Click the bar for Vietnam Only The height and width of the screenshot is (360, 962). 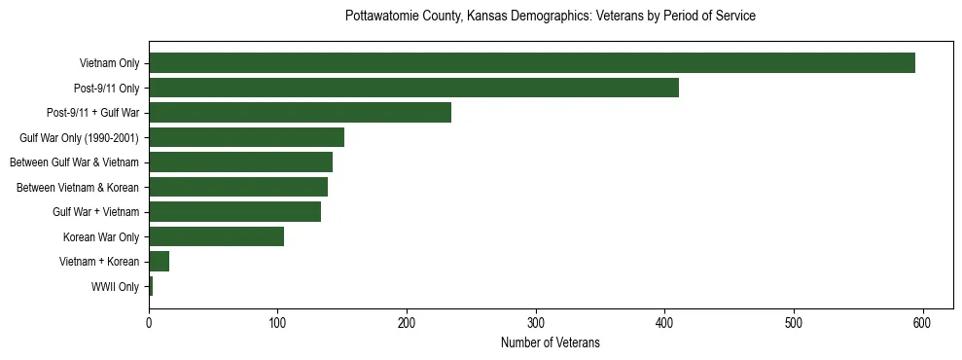[x=531, y=63]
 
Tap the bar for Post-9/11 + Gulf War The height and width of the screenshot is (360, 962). [x=300, y=113]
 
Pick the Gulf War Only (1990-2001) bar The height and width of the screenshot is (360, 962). [x=246, y=137]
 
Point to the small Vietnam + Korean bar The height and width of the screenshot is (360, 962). [x=159, y=261]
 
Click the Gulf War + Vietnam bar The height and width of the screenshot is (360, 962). [x=234, y=211]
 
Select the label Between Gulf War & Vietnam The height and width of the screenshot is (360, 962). [x=74, y=162]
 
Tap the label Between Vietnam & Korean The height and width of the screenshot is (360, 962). [x=78, y=187]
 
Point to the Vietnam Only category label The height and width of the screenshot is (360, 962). [x=109, y=64]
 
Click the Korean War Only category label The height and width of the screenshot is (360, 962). [x=101, y=236]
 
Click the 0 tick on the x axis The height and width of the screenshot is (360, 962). [x=149, y=323]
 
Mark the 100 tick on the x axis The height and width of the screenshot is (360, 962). [x=277, y=323]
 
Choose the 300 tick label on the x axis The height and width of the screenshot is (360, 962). [x=536, y=323]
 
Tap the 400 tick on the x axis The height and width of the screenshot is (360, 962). [x=664, y=323]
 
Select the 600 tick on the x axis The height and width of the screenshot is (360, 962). [x=922, y=323]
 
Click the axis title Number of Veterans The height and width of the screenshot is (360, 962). [x=550, y=342]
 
